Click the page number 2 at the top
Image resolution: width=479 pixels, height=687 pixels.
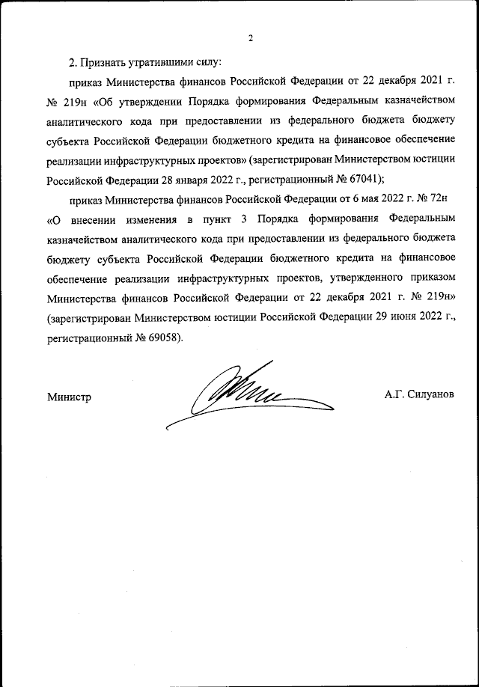pyautogui.click(x=251, y=38)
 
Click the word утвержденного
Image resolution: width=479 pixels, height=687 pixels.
pyautogui.click(x=359, y=278)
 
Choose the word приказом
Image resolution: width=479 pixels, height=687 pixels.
pyautogui.click(x=428, y=278)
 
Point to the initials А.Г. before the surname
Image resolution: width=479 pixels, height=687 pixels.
pyautogui.click(x=394, y=394)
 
